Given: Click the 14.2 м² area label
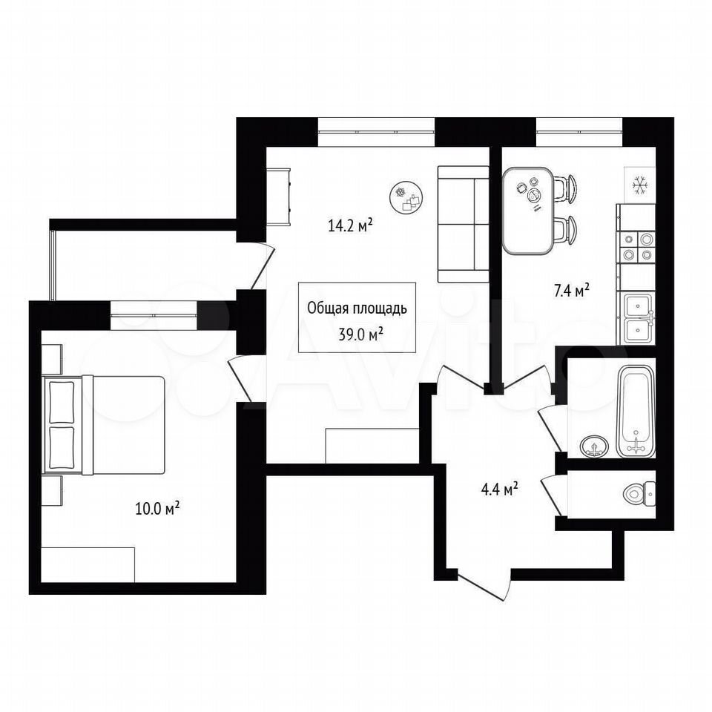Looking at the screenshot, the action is pyautogui.click(x=351, y=225).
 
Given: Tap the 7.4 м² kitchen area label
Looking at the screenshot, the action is pyautogui.click(x=571, y=290).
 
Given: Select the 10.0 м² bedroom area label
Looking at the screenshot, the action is pyautogui.click(x=157, y=509).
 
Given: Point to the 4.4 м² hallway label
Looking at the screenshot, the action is pyautogui.click(x=499, y=489).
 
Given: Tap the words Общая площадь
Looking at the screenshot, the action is pyautogui.click(x=357, y=308).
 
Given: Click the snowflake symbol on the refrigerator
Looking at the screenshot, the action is pyautogui.click(x=640, y=185).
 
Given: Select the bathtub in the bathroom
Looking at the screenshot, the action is pyautogui.click(x=636, y=411).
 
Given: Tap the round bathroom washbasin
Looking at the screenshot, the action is pyautogui.click(x=594, y=446).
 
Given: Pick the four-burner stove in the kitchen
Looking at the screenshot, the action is pyautogui.click(x=636, y=248).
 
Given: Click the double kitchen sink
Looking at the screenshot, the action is pyautogui.click(x=638, y=318).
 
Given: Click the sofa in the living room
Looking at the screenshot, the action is pyautogui.click(x=463, y=224).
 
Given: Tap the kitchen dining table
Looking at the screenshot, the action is pyautogui.click(x=528, y=211).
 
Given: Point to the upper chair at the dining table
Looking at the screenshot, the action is pyautogui.click(x=565, y=187).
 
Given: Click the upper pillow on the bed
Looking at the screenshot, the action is pyautogui.click(x=62, y=402).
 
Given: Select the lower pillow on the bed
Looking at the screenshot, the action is pyautogui.click(x=62, y=447).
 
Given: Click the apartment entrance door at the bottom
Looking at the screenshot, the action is pyautogui.click(x=485, y=586).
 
